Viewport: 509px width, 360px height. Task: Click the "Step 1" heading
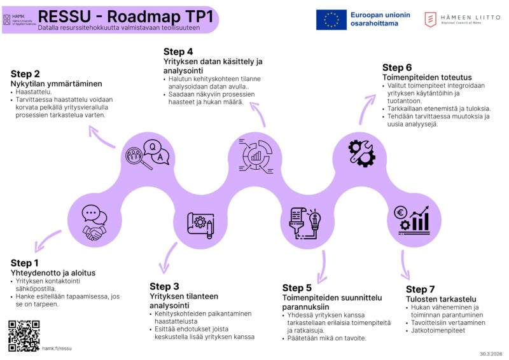(x=25, y=263)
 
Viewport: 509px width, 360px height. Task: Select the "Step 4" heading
(x=178, y=52)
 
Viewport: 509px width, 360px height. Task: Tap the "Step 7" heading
(x=420, y=289)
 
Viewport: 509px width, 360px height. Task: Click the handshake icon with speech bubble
(x=94, y=223)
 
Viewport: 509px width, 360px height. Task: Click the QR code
(x=24, y=336)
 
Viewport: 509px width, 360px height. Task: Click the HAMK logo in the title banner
(x=18, y=19)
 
